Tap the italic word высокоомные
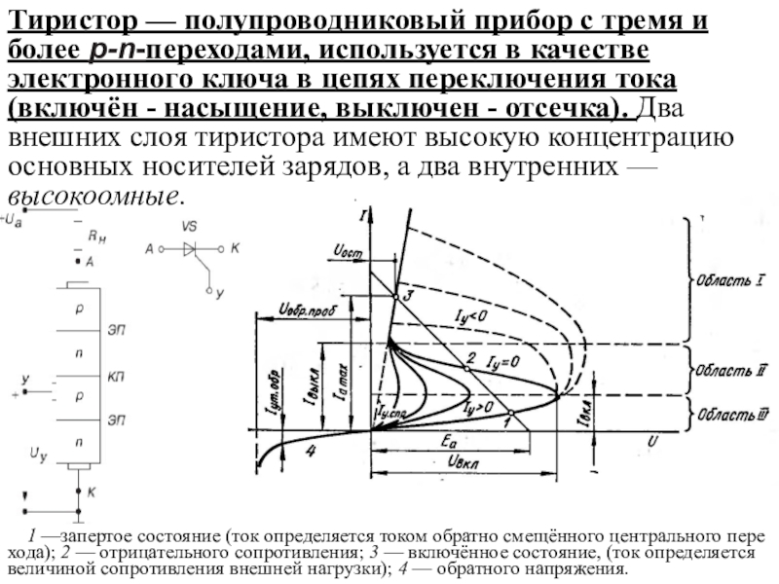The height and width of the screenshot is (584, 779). point(92,194)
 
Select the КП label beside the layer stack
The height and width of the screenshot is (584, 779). point(115,376)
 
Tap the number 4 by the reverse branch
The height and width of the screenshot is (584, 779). point(311,451)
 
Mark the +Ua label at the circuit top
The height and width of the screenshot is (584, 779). point(13,220)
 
